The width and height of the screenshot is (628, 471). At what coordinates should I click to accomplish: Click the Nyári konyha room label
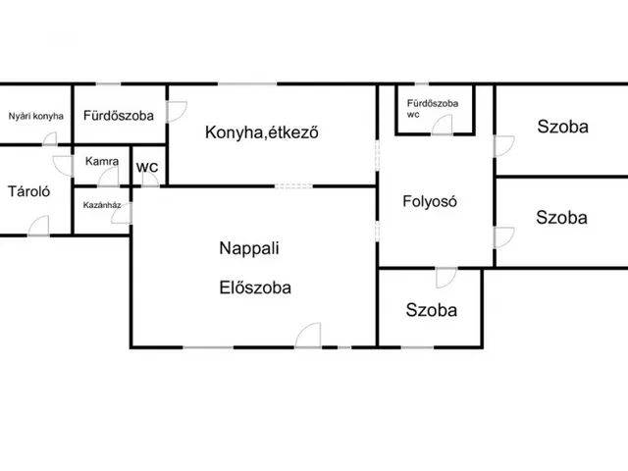tap(36, 116)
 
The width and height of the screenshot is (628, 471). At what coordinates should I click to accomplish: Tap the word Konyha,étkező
tap(262, 132)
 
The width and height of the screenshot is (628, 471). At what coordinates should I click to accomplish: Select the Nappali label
tap(249, 248)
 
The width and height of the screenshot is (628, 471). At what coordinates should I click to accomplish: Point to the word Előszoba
tap(255, 288)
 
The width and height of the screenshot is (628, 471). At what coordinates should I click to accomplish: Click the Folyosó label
tap(430, 201)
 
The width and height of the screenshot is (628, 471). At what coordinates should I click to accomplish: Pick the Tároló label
tap(28, 191)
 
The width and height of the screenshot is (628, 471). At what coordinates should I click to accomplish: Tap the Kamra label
tap(102, 161)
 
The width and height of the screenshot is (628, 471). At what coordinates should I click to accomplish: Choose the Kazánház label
tap(102, 205)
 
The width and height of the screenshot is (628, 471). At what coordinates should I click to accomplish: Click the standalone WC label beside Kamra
tap(147, 167)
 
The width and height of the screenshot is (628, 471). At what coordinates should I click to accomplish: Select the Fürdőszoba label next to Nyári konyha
tap(119, 116)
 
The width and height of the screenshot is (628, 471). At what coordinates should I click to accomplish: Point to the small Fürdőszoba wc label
tap(433, 109)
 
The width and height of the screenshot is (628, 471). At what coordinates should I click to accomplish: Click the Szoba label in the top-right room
tap(562, 127)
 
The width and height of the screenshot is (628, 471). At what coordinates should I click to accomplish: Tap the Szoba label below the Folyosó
tap(432, 310)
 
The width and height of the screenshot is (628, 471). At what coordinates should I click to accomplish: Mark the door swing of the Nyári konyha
tap(50, 138)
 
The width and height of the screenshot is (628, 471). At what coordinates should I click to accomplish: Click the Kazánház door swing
tap(122, 214)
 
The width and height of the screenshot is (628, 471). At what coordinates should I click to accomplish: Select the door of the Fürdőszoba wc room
tap(443, 125)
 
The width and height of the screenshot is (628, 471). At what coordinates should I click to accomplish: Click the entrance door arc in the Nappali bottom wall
tap(308, 336)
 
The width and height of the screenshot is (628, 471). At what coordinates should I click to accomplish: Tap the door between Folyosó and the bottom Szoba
tap(446, 278)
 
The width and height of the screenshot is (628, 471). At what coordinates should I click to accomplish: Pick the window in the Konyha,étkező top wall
tap(247, 84)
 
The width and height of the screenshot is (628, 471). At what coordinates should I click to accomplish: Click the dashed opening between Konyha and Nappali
tap(293, 186)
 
